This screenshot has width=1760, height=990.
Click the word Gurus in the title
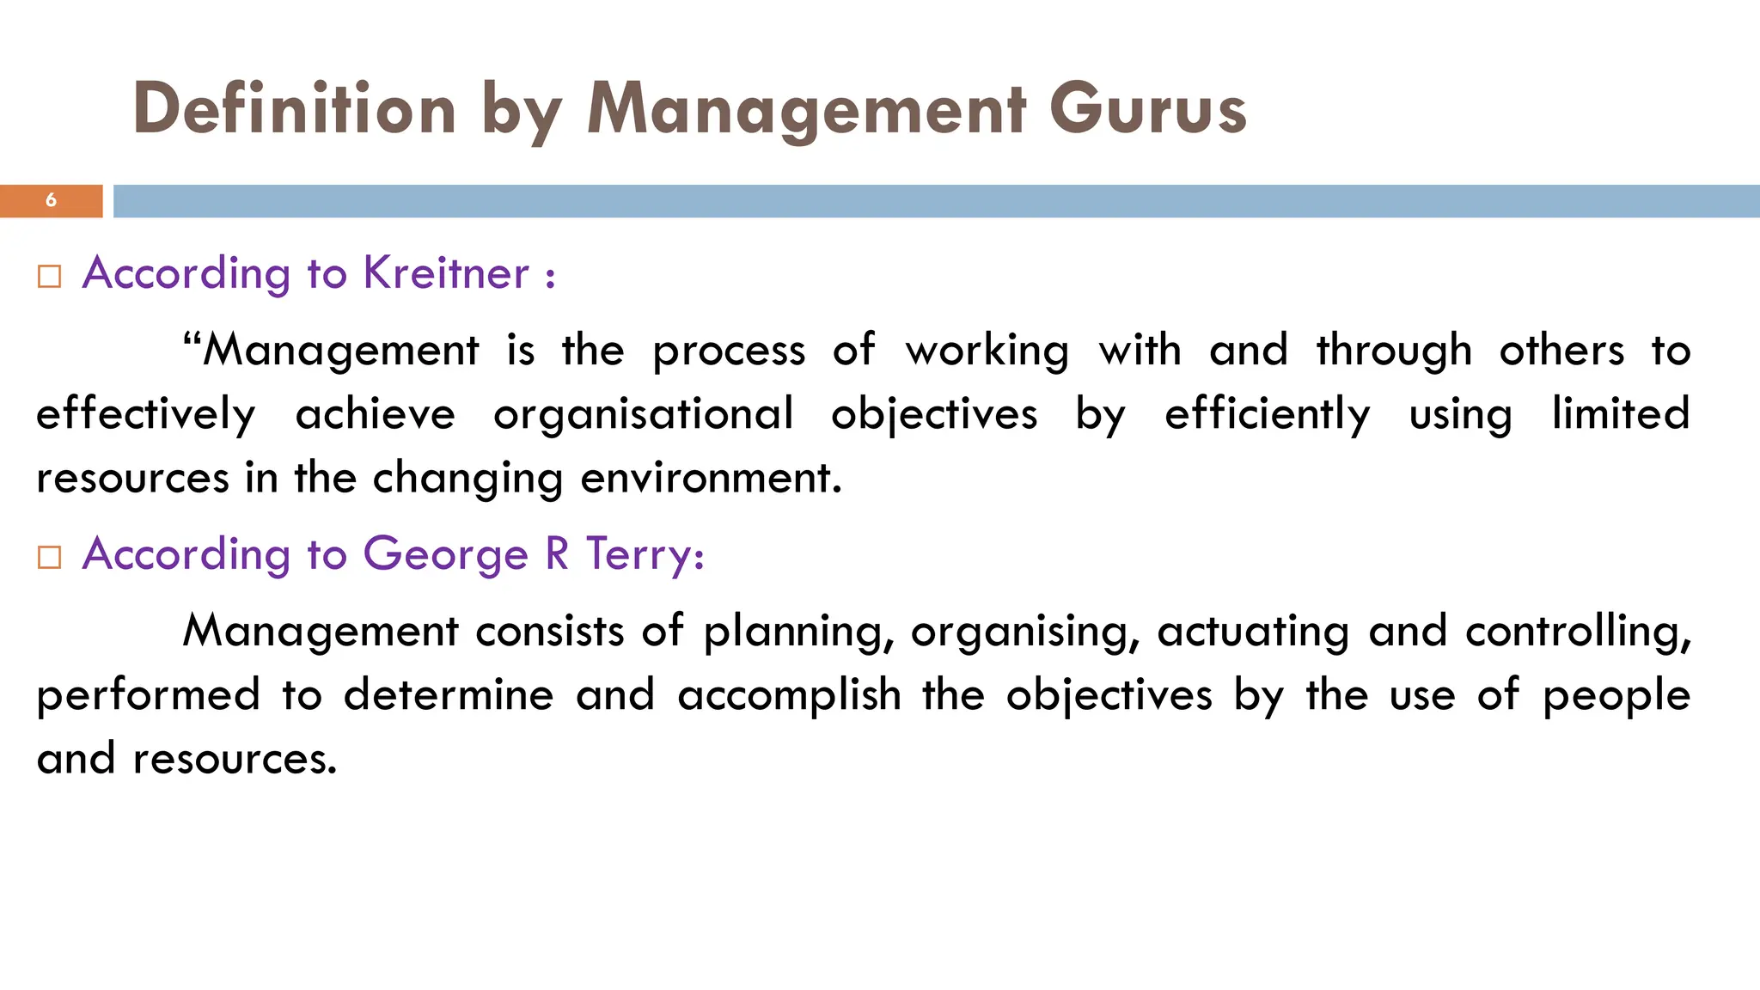coord(1147,110)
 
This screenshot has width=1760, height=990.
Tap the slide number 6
coord(51,200)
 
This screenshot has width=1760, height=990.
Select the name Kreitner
coord(446,273)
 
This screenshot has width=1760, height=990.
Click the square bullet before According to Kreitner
coord(50,277)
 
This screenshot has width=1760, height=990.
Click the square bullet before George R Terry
coord(50,558)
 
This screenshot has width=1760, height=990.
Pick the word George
coord(445,554)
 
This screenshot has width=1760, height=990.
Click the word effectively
coord(146,414)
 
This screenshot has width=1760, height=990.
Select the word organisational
coord(643,414)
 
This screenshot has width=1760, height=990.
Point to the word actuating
coord(1253,632)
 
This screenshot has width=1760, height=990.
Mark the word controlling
coord(1578,632)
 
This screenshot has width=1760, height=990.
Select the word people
coord(1616,695)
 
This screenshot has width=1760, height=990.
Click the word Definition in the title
coord(295,110)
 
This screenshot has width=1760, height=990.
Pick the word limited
coord(1621,414)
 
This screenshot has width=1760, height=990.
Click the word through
coord(1394,351)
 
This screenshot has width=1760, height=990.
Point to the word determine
coord(449,695)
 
